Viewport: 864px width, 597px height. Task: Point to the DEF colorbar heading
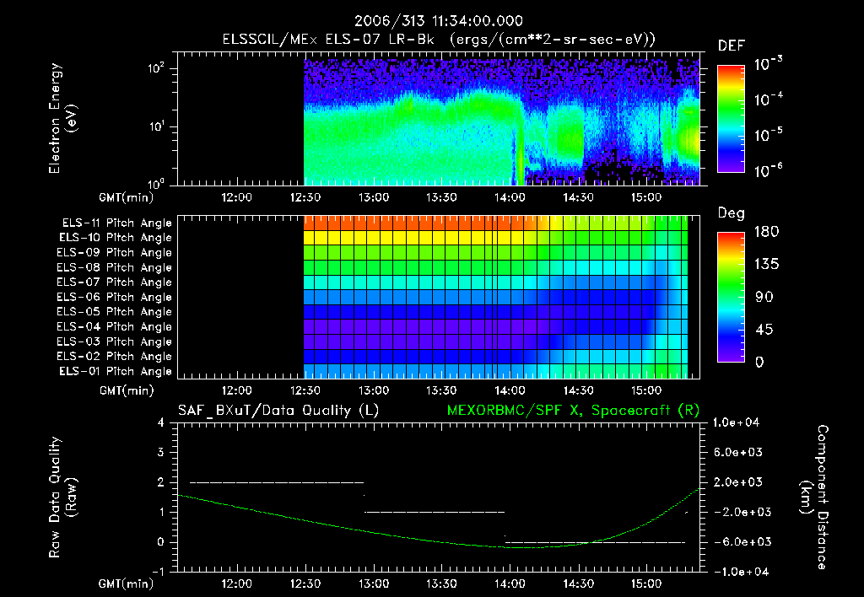[731, 46]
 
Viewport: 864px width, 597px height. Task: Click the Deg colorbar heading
[731, 213]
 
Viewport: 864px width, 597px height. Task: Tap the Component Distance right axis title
[816, 497]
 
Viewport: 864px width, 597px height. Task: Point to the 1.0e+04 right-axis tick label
[738, 422]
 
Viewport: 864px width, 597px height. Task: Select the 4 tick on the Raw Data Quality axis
[162, 422]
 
